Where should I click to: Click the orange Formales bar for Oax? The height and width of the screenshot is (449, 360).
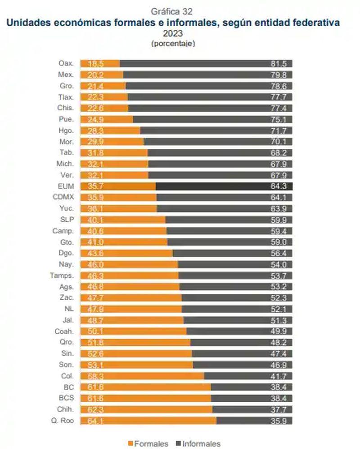[100, 63]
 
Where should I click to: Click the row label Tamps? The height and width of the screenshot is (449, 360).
[62, 275]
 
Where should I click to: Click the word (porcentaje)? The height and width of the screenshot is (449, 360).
[173, 44]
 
